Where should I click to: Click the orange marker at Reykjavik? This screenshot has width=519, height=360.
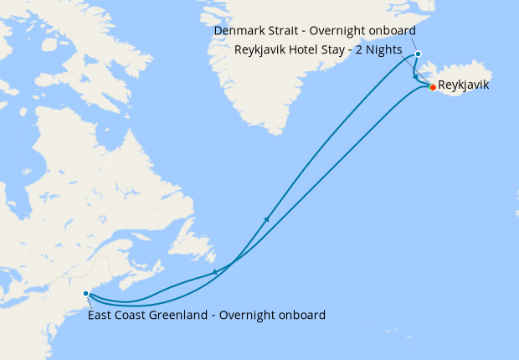tap(433, 87)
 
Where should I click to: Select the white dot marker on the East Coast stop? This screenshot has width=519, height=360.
tap(86, 294)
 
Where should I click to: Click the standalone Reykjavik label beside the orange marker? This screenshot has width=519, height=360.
tap(464, 85)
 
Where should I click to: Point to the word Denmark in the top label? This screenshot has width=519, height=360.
tap(239, 31)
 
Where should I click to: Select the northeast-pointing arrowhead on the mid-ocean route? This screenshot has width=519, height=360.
tap(266, 219)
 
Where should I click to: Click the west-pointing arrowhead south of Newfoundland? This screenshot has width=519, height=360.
tap(215, 272)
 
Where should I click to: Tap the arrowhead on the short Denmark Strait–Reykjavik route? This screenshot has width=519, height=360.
tap(416, 78)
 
